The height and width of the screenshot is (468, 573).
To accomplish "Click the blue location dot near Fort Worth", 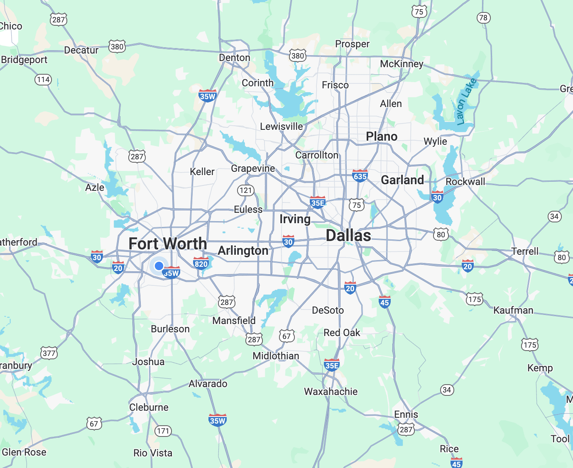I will coord(159,266).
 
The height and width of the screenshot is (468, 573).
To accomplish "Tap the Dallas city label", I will coord(348,236).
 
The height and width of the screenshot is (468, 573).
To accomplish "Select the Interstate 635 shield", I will coord(360,176).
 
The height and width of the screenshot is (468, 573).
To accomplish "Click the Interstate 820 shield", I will coord(201,263).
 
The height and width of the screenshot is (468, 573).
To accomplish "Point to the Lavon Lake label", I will coord(466,102).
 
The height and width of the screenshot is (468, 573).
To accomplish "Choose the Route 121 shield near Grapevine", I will coord(245,190).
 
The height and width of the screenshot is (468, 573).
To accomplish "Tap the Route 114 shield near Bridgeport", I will coord(43,80).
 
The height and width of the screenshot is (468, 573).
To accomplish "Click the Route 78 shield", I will coord(483,18).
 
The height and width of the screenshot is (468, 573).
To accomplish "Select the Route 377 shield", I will coord(49,353).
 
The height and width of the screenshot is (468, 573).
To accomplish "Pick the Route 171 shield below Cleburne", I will coord(163,431).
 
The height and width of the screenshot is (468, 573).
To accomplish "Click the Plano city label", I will coord(382,136).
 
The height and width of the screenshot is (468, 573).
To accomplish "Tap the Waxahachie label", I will coord(331,392).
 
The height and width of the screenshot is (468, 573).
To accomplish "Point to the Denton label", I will coord(235,58).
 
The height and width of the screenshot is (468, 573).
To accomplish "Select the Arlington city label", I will coord(243,251).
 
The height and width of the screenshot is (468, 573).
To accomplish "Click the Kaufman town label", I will coord(513,310).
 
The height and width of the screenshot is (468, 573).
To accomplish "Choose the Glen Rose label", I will coord(24,452).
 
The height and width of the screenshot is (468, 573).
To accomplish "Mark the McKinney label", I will coord(402,64).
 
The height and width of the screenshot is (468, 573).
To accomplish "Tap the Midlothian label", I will coord(276,356).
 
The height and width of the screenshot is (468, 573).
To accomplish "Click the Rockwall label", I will coord(465,182).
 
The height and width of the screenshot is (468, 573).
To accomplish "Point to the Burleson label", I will coord(170,329).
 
